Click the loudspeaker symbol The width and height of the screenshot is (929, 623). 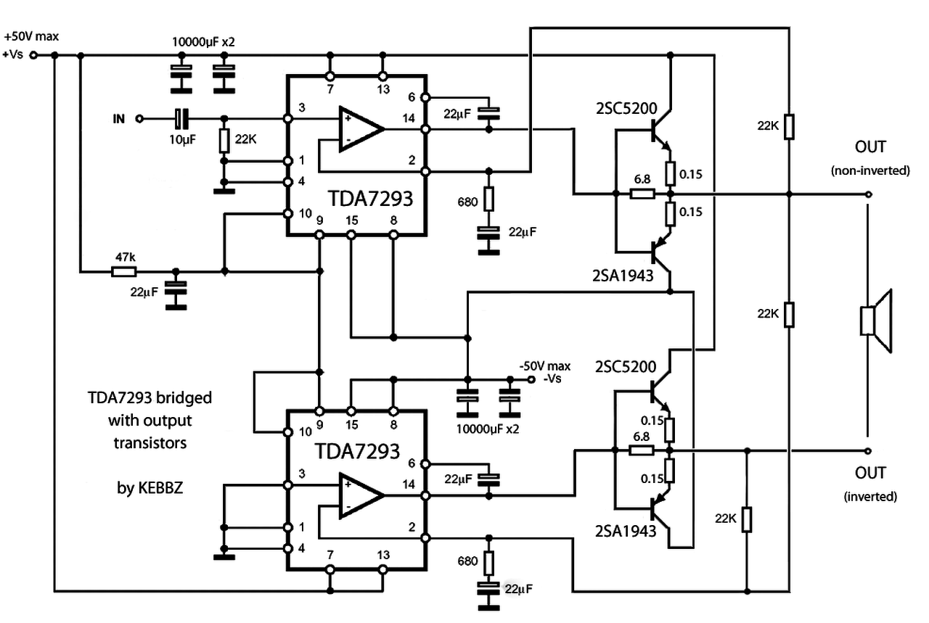pyautogui.click(x=875, y=321)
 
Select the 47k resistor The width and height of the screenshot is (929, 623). pyautogui.click(x=124, y=272)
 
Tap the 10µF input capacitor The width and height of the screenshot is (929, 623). pyautogui.click(x=181, y=119)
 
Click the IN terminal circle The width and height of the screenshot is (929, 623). pyautogui.click(x=140, y=119)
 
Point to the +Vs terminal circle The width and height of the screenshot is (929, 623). pyautogui.click(x=33, y=55)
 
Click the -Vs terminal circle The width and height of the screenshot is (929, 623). pyautogui.click(x=531, y=379)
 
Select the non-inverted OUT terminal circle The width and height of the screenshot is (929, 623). pyautogui.click(x=869, y=194)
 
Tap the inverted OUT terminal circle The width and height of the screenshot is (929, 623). pyautogui.click(x=869, y=451)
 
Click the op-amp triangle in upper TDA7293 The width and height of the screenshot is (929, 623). pyautogui.click(x=361, y=129)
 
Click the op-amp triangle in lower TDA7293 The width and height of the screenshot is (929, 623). pyautogui.click(x=361, y=495)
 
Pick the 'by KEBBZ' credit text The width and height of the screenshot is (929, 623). pyautogui.click(x=150, y=488)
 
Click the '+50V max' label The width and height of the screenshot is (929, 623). pyautogui.click(x=31, y=36)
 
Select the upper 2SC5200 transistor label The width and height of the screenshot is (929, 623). pyautogui.click(x=626, y=109)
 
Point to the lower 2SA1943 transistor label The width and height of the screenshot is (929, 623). pyautogui.click(x=626, y=531)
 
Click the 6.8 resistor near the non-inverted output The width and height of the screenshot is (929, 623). pyautogui.click(x=642, y=194)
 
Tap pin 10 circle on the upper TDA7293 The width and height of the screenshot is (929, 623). pyautogui.click(x=288, y=214)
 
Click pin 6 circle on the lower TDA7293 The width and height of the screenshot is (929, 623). pyautogui.click(x=425, y=464)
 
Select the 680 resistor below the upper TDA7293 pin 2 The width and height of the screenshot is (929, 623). pyautogui.click(x=489, y=199)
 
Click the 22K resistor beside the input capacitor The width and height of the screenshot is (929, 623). pyautogui.click(x=224, y=141)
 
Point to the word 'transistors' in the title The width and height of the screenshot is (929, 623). pyautogui.click(x=150, y=443)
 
